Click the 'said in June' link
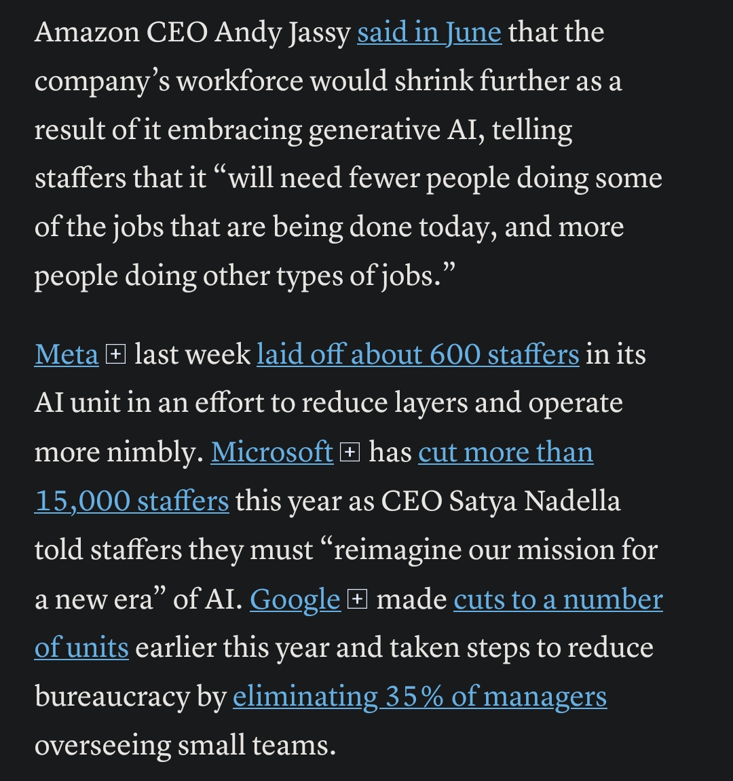[429, 33]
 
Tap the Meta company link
[67, 355]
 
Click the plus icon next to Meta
[116, 354]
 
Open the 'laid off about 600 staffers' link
[417, 355]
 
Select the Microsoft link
[272, 453]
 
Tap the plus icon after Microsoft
[350, 452]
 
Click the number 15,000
[82, 501]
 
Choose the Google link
[295, 599]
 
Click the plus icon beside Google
[357, 599]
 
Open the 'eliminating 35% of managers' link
[419, 697]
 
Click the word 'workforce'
[239, 81]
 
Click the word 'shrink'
[433, 81]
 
